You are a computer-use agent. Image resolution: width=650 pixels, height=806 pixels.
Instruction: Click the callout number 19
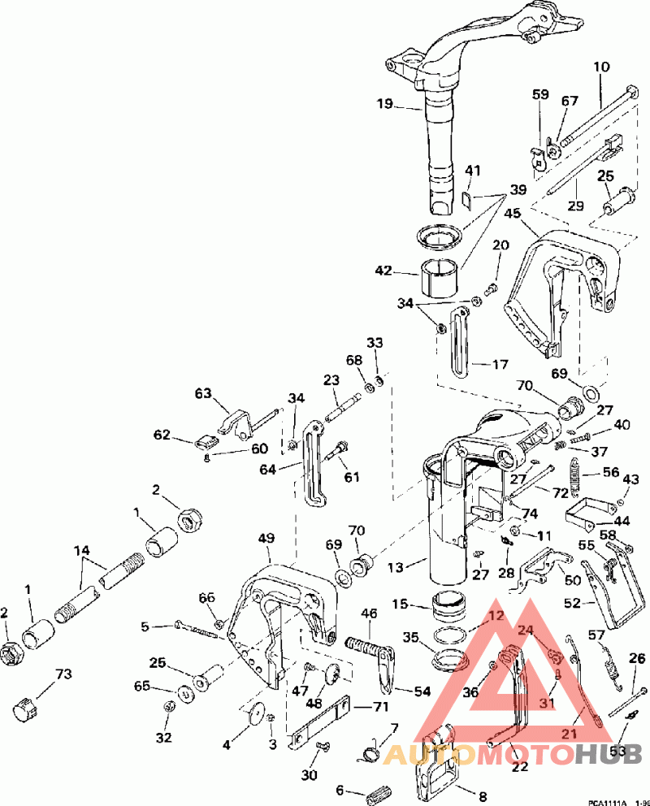[x=384, y=103]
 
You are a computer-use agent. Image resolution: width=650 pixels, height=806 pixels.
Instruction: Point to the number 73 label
[x=63, y=674]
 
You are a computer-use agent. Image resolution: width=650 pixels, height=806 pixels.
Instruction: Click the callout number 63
[x=202, y=395]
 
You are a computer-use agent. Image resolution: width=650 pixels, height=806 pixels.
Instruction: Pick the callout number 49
[x=267, y=538]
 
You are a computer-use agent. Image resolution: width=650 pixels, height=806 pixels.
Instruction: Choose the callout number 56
[x=609, y=472]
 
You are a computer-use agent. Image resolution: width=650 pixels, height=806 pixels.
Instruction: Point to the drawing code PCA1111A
[x=607, y=801]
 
